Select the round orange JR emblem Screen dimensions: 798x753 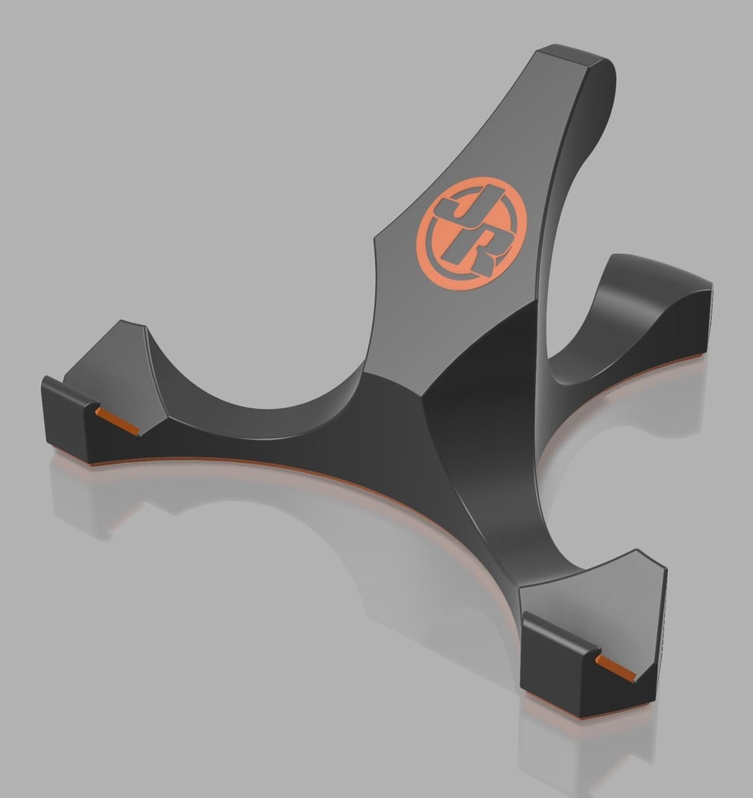coord(466,235)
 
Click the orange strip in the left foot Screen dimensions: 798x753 coord(118,420)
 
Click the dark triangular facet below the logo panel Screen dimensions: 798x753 coord(468,343)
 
